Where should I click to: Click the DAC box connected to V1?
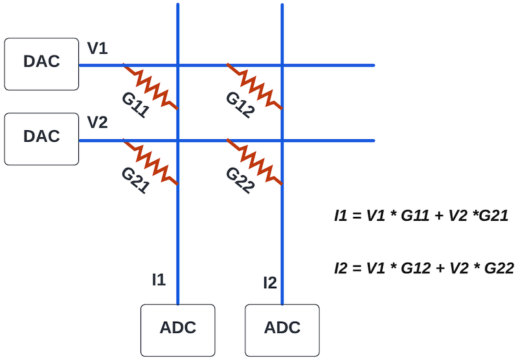[x=41, y=63]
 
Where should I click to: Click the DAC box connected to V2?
[x=41, y=137]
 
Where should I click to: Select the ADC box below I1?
[x=178, y=328]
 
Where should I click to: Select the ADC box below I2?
[x=282, y=328]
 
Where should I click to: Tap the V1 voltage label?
[x=97, y=49]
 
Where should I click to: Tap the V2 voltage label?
[x=97, y=123]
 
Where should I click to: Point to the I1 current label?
[x=159, y=280]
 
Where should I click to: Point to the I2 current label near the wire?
[x=270, y=282]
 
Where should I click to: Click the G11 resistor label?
[x=135, y=104]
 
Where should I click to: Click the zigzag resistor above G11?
[x=151, y=86]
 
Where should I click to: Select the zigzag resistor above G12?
[x=254, y=86]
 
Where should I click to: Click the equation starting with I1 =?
[x=418, y=217]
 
